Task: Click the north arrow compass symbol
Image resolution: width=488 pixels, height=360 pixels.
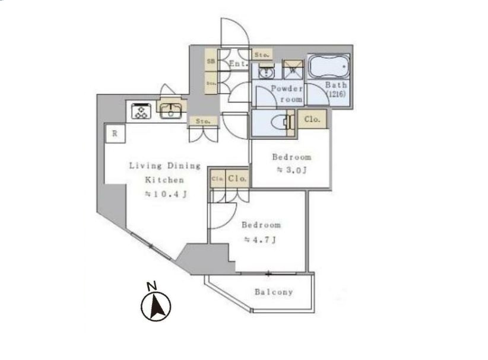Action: (156, 307)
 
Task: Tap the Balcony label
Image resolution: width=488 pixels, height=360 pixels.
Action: (274, 292)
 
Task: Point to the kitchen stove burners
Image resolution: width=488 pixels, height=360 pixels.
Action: (141, 111)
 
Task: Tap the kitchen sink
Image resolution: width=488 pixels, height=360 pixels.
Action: (170, 110)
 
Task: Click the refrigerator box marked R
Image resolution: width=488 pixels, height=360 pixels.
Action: (114, 133)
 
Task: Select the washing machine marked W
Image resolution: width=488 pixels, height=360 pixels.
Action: (293, 69)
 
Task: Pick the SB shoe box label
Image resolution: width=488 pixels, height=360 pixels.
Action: (210, 61)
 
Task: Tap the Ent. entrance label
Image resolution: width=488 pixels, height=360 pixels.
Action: (237, 62)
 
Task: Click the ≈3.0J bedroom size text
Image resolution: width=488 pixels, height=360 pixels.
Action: (291, 170)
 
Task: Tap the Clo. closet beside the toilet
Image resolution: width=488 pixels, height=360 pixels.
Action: (312, 119)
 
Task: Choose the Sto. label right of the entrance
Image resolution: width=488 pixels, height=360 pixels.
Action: (261, 55)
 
